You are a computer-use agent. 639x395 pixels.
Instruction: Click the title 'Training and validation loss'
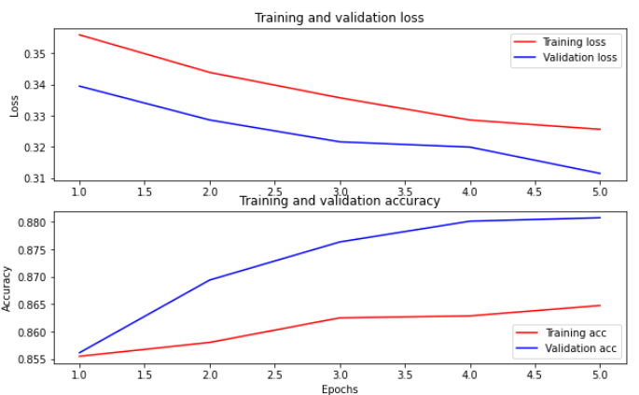340,17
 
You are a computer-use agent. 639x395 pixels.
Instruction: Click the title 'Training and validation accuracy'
340,201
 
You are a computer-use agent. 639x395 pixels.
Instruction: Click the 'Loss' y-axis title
14,106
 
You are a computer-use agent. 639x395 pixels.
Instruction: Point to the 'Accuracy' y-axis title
8,288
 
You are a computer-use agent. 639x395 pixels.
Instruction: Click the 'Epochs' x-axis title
340,388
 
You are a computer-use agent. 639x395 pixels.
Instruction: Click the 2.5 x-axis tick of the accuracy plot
275,375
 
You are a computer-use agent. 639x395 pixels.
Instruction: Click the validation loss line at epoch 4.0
470,147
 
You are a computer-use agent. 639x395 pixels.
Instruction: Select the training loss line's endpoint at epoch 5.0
600,129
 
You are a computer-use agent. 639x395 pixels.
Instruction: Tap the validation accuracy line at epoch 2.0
210,279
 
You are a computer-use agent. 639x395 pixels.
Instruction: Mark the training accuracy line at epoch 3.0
340,317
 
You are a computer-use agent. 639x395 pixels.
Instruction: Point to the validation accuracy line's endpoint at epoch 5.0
600,218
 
